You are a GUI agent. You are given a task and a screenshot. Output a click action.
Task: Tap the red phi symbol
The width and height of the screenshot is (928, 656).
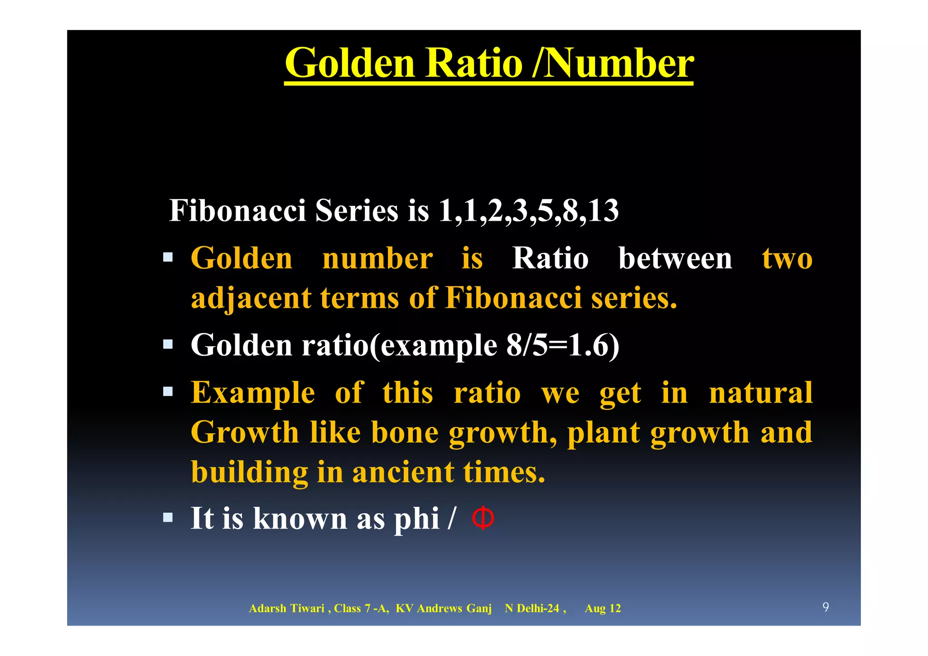[x=483, y=518]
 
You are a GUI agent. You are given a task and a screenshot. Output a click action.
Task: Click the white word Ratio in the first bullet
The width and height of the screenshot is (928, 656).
[x=550, y=258]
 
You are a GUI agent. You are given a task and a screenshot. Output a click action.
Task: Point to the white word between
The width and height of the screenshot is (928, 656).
[x=675, y=258]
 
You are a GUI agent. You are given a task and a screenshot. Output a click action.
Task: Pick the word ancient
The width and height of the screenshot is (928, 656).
[x=403, y=472]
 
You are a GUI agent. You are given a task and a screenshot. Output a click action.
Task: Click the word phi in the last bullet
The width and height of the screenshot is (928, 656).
[x=416, y=519]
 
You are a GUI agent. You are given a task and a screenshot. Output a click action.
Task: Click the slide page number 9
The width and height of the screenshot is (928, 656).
[x=826, y=607]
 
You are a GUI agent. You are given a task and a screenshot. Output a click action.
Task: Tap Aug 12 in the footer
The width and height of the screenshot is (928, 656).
[x=603, y=608]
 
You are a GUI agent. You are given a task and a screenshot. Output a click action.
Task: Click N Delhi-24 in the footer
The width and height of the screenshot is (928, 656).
[x=532, y=608]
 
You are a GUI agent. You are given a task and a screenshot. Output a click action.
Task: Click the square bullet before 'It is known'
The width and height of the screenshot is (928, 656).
[x=168, y=517]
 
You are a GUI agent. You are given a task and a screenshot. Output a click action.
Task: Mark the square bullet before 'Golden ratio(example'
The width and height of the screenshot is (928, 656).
[x=168, y=345]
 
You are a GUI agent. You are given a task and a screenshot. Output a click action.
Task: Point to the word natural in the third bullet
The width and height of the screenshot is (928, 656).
[x=761, y=393]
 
